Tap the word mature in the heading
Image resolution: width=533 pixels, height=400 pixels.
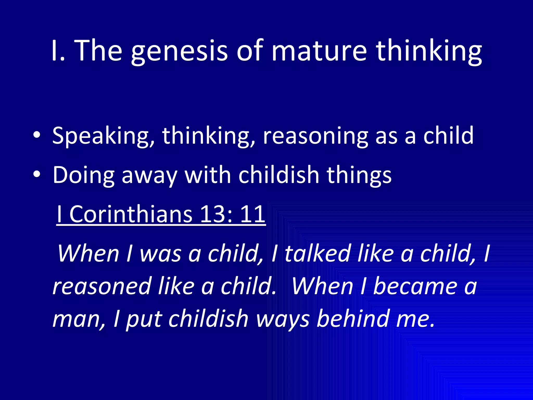319,51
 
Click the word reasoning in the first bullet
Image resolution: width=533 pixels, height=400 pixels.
315,136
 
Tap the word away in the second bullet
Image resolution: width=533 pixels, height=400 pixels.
149,175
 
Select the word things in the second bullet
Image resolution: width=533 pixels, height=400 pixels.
359,175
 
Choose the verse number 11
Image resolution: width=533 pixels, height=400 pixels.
252,214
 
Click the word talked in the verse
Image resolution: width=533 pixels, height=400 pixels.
318,253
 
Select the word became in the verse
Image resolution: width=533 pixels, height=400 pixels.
415,286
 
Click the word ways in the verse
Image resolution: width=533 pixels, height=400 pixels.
282,319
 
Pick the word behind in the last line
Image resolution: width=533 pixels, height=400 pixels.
352,319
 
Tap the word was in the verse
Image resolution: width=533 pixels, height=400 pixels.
160,253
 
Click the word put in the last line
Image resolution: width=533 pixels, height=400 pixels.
144,319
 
